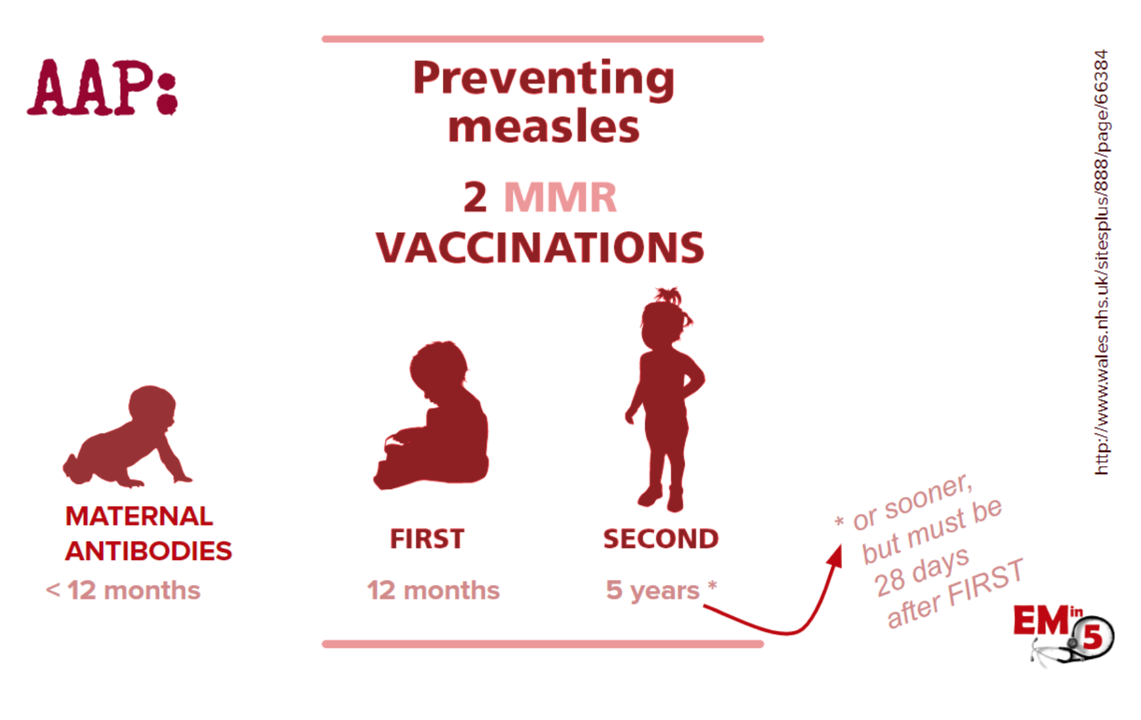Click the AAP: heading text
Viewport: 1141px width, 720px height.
[x=102, y=87]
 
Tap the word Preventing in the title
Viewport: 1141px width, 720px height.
[x=544, y=79]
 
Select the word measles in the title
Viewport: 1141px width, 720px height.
[x=544, y=127]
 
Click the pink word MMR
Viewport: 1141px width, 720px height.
[x=560, y=197]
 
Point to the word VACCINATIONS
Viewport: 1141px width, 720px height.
[x=540, y=248]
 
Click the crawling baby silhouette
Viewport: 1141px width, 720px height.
[x=127, y=437]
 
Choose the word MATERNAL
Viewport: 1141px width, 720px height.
[x=139, y=516]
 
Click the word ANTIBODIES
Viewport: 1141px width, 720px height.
[x=148, y=551]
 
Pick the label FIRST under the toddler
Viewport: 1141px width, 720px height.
[x=427, y=539]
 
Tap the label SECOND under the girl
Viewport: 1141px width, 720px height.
[x=661, y=539]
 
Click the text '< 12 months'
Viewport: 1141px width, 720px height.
[x=123, y=590]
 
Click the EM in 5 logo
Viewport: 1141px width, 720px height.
[x=1064, y=633]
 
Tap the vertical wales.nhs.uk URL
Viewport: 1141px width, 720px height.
[x=1102, y=262]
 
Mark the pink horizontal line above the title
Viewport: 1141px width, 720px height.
[x=543, y=39]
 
